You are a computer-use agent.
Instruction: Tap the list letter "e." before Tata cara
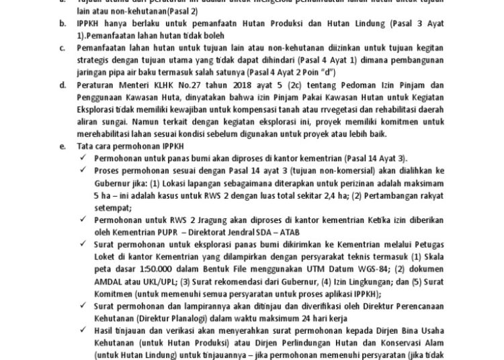point(62,147)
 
